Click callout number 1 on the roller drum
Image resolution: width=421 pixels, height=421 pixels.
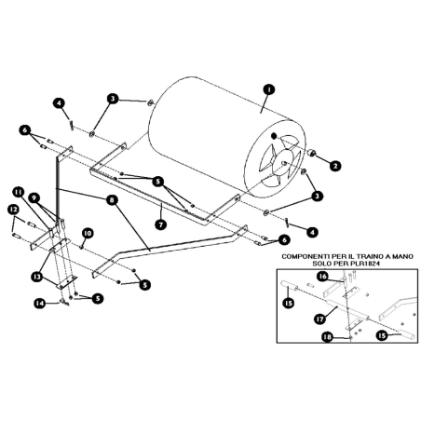click(268, 89)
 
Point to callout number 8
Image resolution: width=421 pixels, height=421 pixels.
click(112, 198)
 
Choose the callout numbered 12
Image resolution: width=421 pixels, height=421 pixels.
click(12, 210)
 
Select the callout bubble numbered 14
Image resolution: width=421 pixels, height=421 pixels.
click(38, 303)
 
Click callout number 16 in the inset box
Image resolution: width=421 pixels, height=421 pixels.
click(321, 277)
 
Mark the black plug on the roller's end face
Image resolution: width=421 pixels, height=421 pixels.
click(273, 137)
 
